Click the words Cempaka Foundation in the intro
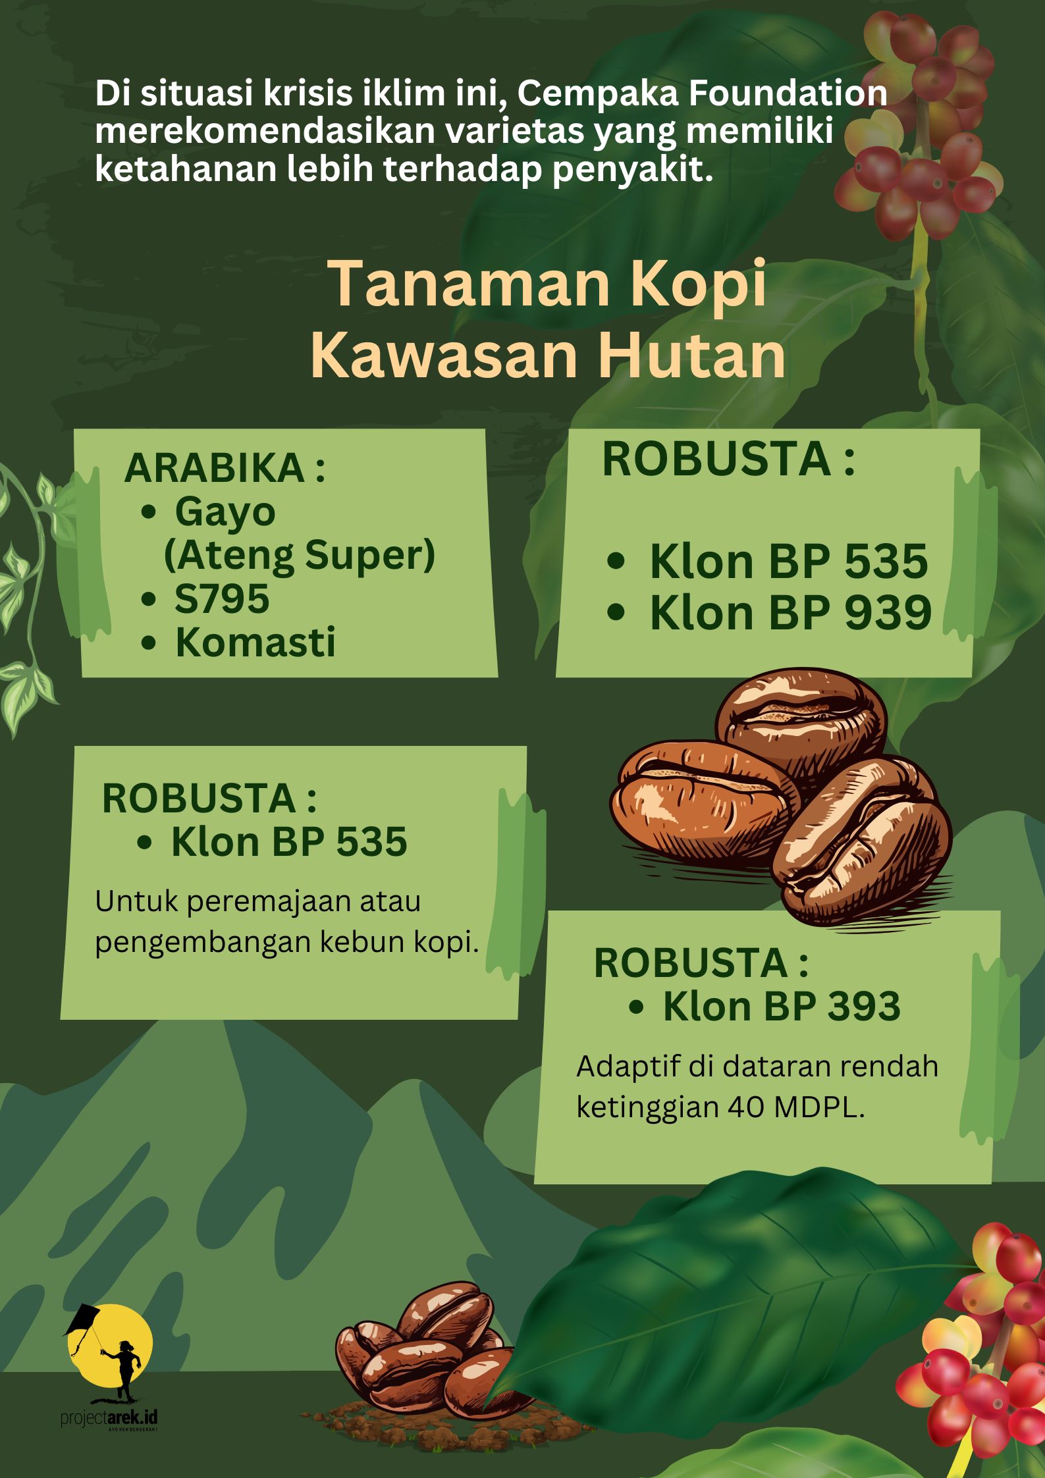tap(702, 93)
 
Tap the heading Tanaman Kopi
tap(550, 284)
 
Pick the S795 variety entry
tap(222, 598)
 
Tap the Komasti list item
tap(255, 642)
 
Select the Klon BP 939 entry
tap(791, 613)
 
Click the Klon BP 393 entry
tap(782, 1006)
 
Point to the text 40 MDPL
tap(796, 1108)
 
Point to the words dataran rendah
tap(830, 1067)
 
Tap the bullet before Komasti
tap(149, 643)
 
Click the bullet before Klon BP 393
tap(636, 1007)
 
